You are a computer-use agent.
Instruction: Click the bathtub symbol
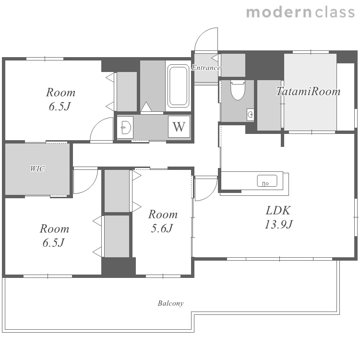pyautogui.click(x=178, y=86)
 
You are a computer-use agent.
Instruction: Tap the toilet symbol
pyautogui.click(x=238, y=90)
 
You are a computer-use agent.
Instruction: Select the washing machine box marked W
pyautogui.click(x=179, y=127)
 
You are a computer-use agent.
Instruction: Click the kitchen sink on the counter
pyautogui.click(x=267, y=180)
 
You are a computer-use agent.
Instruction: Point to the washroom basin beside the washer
pyautogui.click(x=125, y=127)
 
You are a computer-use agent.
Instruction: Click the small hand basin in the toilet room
pyautogui.click(x=251, y=114)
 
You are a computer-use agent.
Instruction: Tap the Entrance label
pyautogui.click(x=206, y=68)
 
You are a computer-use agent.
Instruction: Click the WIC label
pyautogui.click(x=37, y=169)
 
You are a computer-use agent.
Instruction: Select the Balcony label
pyautogui.click(x=170, y=303)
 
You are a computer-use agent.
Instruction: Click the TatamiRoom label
pyautogui.click(x=308, y=91)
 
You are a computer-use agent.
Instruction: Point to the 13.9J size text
pyautogui.click(x=279, y=224)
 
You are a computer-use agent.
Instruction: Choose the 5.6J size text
pyautogui.click(x=162, y=228)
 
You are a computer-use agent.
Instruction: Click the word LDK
pyautogui.click(x=278, y=210)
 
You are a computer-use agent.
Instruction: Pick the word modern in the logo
pyautogui.click(x=279, y=12)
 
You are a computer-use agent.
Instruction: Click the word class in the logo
pyautogui.click(x=335, y=12)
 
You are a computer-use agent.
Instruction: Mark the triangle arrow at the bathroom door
pyautogui.click(x=146, y=107)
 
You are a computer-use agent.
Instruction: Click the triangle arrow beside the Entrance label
pyautogui.click(x=215, y=58)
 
